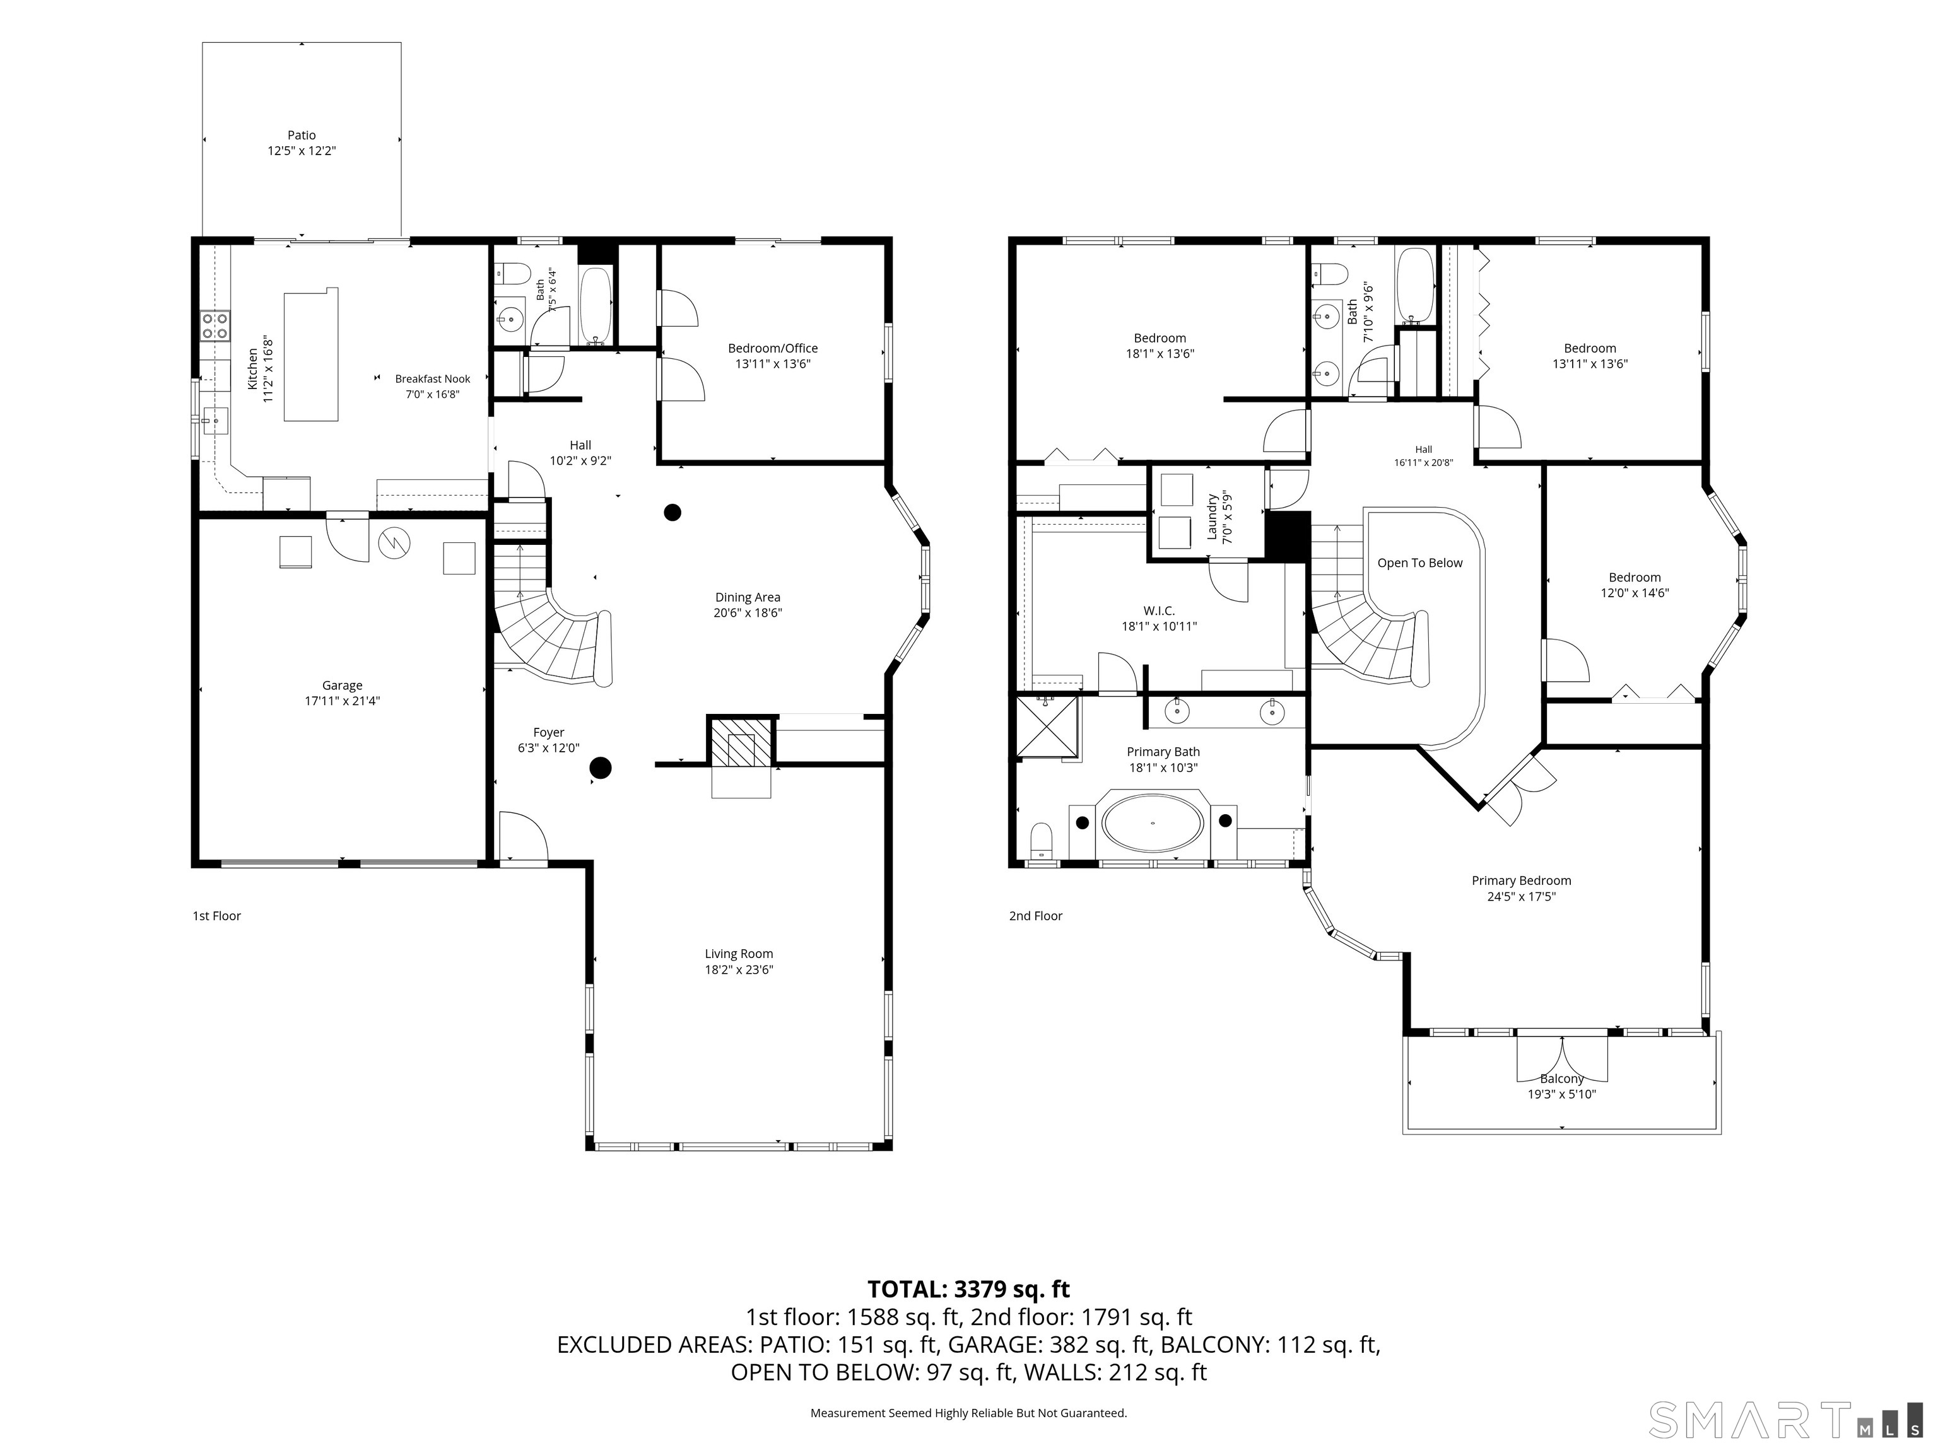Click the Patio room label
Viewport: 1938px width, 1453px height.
click(302, 135)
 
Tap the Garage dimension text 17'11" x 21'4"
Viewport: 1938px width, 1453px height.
click(342, 701)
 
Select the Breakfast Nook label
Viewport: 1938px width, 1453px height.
click(433, 378)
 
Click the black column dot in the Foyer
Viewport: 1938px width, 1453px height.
click(600, 768)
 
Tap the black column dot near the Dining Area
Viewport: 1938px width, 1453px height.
click(672, 512)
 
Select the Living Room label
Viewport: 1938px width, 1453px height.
click(739, 954)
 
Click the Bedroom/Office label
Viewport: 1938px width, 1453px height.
click(773, 347)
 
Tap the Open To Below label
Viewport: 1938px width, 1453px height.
click(1419, 563)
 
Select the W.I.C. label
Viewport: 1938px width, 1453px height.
click(1158, 610)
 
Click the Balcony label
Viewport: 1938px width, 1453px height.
click(1561, 1079)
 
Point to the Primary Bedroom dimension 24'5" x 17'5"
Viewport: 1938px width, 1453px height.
click(1521, 896)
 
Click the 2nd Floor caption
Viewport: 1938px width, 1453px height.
click(1036, 916)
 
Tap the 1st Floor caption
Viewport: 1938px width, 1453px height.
click(216, 916)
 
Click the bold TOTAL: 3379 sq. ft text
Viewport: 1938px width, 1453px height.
click(968, 1289)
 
